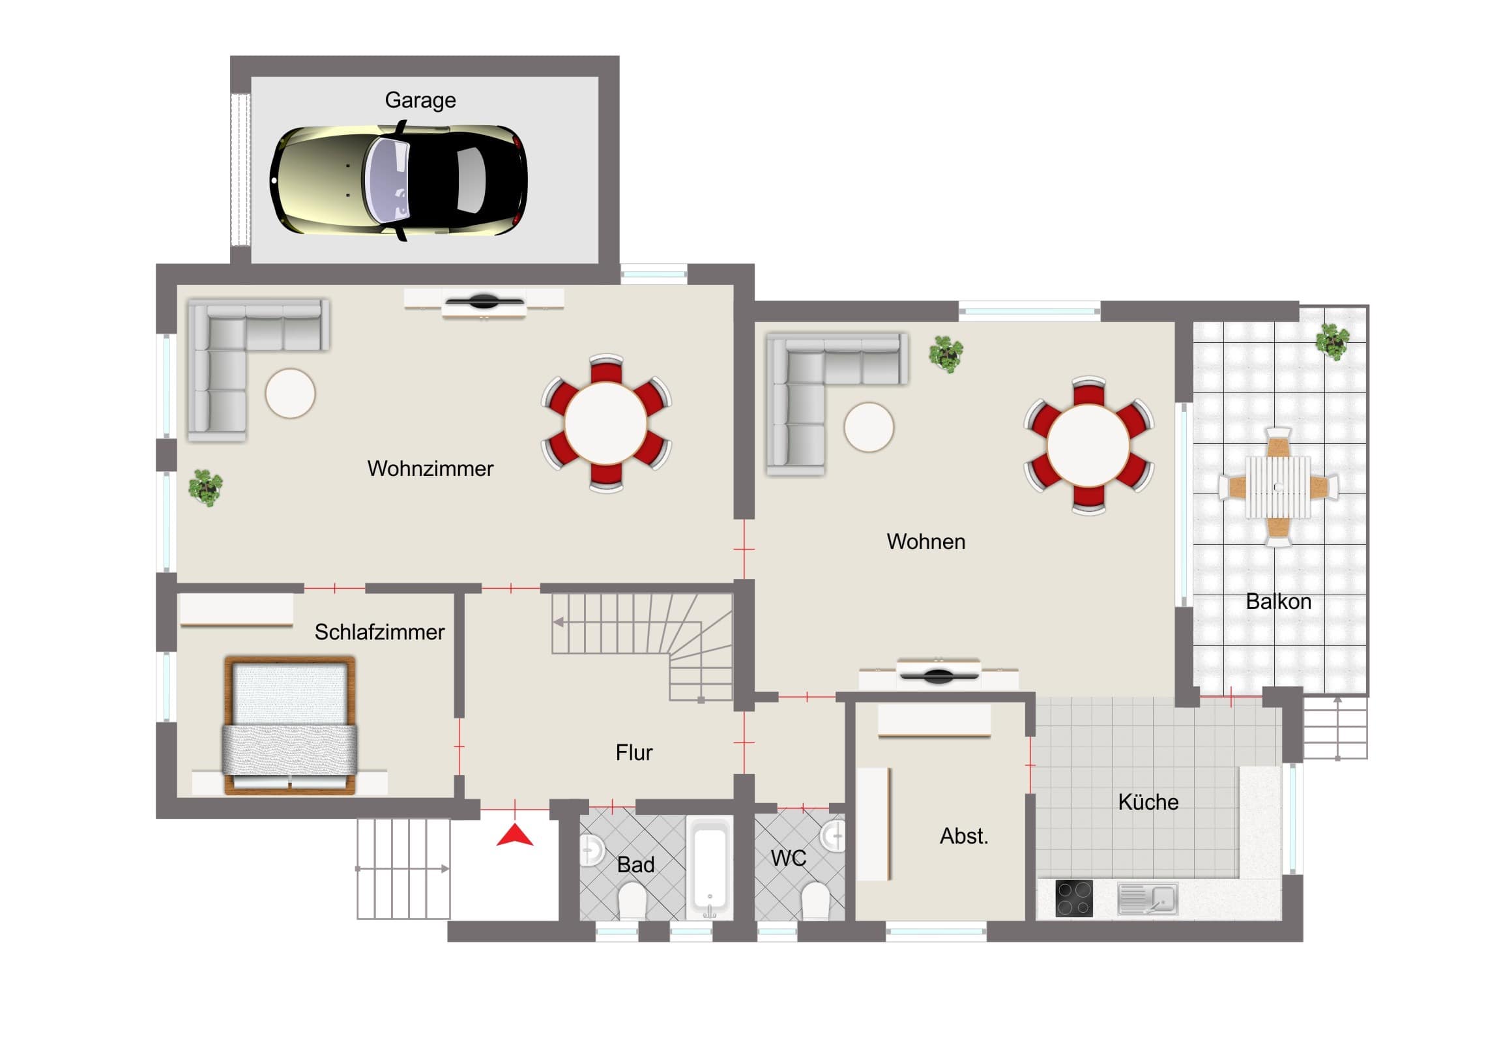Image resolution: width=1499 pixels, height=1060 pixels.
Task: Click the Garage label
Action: click(420, 100)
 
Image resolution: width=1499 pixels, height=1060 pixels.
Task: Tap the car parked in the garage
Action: click(398, 181)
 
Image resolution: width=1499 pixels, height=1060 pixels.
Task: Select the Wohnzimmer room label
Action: click(430, 468)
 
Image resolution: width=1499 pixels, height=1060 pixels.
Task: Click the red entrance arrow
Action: click(514, 835)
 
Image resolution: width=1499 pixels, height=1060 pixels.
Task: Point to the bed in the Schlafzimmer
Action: click(290, 726)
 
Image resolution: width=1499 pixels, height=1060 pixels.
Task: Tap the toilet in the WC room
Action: click(815, 900)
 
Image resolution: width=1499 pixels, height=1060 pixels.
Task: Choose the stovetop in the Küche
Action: click(1074, 898)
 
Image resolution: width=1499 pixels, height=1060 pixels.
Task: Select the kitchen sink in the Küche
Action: click(1147, 899)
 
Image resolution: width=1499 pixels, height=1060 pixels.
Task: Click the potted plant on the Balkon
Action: click(1333, 342)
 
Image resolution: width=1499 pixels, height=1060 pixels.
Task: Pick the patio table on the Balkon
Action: click(1277, 487)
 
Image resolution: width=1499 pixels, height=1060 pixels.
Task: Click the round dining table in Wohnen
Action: click(1088, 445)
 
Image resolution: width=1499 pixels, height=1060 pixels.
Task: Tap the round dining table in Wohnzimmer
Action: click(606, 423)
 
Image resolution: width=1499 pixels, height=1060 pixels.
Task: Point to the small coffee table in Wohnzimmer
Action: click(291, 393)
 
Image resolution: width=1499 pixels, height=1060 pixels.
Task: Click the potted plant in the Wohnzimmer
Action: click(206, 488)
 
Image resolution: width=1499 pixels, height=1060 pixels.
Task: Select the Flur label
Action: click(634, 752)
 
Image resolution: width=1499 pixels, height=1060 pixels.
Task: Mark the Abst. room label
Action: click(964, 836)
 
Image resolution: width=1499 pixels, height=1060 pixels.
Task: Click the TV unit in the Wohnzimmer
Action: click(484, 303)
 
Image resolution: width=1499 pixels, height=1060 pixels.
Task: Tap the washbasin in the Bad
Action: click(591, 849)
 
